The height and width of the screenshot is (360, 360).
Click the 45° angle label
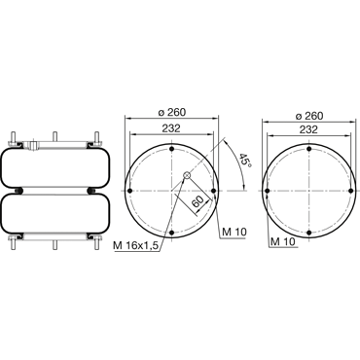click(x=245, y=161)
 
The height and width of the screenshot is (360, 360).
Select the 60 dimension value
click(x=198, y=202)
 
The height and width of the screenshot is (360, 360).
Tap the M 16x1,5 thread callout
click(x=136, y=246)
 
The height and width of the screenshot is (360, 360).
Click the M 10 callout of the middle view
click(x=234, y=232)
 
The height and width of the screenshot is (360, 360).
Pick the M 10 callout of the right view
click(x=283, y=241)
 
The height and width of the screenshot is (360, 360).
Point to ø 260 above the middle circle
click(x=172, y=112)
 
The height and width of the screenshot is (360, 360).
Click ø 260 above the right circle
click(x=309, y=116)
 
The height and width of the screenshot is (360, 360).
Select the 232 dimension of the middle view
click(x=171, y=128)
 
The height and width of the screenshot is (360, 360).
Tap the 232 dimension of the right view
click(x=308, y=129)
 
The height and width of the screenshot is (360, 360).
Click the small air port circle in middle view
click(x=187, y=175)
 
